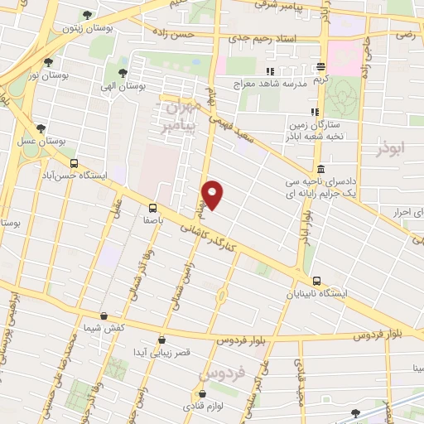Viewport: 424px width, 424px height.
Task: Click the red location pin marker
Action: pyautogui.click(x=214, y=194)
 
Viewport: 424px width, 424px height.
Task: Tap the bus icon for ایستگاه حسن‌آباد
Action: pyautogui.click(x=75, y=164)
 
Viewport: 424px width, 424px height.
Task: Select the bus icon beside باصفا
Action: pyautogui.click(x=152, y=208)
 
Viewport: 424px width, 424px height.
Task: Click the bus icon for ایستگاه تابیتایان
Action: pyautogui.click(x=317, y=282)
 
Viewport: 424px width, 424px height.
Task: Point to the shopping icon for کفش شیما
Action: pyautogui.click(x=103, y=316)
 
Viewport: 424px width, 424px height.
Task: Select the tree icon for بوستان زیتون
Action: pyautogui.click(x=88, y=15)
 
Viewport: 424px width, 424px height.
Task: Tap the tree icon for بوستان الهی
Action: pyautogui.click(x=123, y=73)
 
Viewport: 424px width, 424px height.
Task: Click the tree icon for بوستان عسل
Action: pyautogui.click(x=41, y=128)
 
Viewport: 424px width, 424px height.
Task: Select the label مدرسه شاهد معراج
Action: pyautogui.click(x=273, y=84)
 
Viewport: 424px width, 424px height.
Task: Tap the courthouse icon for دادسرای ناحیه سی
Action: pyautogui.click(x=320, y=169)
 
